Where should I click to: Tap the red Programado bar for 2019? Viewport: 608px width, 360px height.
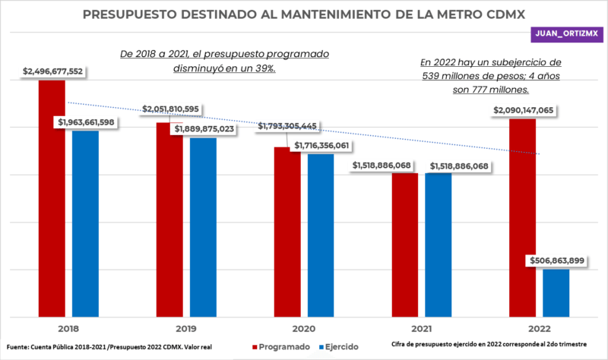pos(169,220)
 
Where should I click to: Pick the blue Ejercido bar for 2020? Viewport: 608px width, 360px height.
pos(321,235)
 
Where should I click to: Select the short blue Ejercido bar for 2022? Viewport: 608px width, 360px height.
pos(556,292)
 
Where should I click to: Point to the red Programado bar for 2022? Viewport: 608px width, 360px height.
pos(522,216)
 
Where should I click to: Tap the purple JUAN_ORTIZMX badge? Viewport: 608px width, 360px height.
pos(568,34)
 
